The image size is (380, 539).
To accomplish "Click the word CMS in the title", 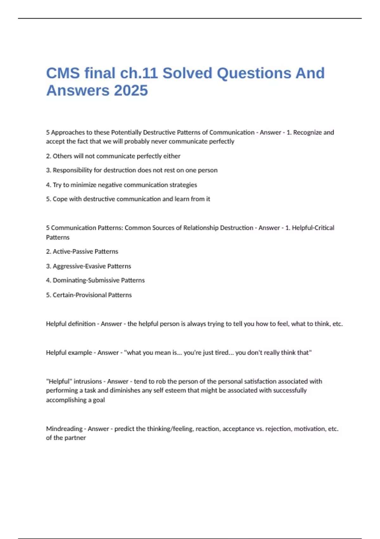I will click(x=63, y=73).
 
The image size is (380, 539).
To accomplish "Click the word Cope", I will click(x=60, y=199).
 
